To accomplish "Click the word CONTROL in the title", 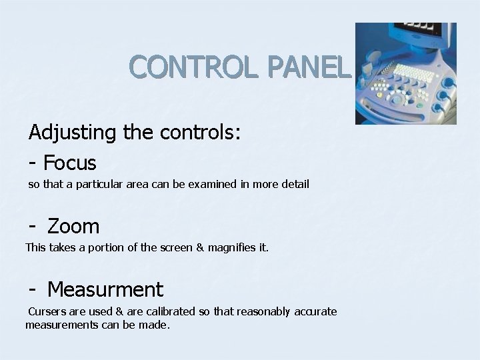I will tap(187, 67).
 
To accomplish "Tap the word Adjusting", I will tap(72, 133).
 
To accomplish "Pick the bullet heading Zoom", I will tap(73, 227).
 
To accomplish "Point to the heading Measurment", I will tap(105, 289).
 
